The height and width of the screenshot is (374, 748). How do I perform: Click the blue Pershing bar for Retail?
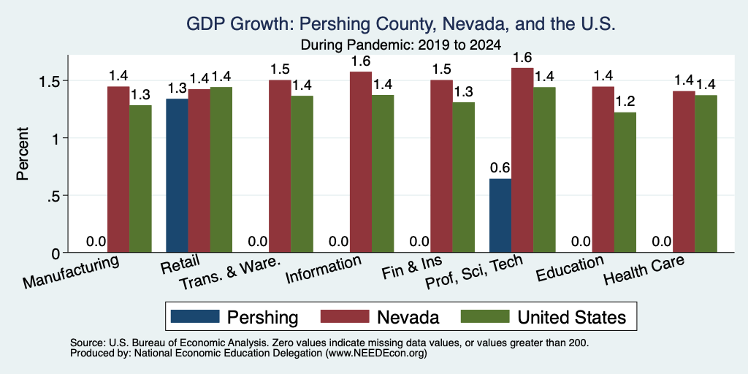(177, 175)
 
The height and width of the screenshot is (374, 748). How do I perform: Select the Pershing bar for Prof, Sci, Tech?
(500, 215)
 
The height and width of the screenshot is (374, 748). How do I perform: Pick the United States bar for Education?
(625, 183)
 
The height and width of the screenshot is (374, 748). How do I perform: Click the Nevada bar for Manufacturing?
(118, 169)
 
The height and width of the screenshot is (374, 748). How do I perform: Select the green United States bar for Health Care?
(706, 174)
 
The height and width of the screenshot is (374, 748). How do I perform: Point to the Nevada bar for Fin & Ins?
(441, 167)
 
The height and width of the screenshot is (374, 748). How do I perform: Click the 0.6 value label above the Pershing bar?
(500, 168)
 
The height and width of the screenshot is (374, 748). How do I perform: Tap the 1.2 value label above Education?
(625, 102)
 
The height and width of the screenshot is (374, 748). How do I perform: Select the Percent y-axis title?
(23, 153)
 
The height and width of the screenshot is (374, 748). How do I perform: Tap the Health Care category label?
(644, 270)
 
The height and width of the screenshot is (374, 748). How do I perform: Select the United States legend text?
(572, 317)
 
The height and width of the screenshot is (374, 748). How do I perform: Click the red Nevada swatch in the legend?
(345, 316)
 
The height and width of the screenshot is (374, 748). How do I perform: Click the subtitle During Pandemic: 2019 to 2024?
(401, 46)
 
